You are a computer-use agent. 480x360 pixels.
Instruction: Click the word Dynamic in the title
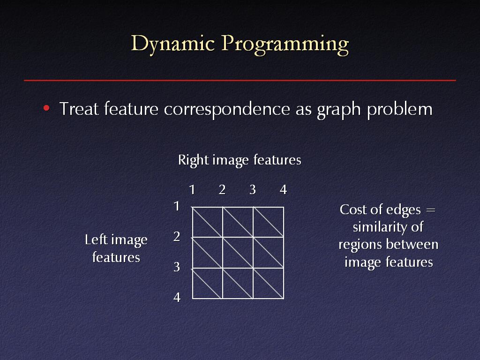172,44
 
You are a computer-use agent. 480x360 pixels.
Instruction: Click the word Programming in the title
285,45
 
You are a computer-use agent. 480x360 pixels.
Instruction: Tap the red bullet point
46,108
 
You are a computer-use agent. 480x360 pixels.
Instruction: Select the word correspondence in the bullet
227,109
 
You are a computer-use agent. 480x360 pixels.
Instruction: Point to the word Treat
79,109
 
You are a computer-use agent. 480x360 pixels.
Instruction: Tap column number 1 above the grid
192,190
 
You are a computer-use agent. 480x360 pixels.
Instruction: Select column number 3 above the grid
253,190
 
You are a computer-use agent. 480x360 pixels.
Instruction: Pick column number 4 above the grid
284,190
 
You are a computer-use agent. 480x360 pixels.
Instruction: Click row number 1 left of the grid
176,206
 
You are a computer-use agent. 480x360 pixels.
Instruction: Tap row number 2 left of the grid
177,236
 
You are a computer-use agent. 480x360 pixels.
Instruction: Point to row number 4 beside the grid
177,297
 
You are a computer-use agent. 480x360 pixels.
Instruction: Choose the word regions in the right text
360,245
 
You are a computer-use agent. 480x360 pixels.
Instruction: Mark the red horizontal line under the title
240,80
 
